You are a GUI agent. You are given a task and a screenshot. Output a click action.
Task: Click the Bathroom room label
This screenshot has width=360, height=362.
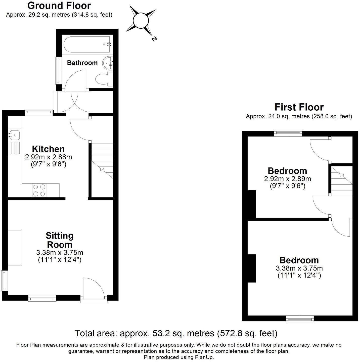click(x=82, y=63)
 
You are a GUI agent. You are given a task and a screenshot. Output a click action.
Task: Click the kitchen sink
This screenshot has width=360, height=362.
click(x=14, y=135)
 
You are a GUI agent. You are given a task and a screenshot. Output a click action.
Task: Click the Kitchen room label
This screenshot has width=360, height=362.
click(x=48, y=149)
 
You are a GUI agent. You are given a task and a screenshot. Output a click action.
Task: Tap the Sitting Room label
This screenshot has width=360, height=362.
click(x=60, y=240)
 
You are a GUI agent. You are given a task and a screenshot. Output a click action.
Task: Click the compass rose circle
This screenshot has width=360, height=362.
click(x=141, y=21)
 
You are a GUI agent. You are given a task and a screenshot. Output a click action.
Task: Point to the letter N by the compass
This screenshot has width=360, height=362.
click(x=154, y=39)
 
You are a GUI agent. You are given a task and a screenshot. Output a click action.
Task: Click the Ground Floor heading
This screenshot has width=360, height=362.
click(x=59, y=6)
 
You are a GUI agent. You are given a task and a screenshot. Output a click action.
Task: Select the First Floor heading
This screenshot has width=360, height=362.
click(x=299, y=107)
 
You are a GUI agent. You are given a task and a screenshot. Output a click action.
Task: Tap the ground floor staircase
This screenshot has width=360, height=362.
click(x=102, y=161)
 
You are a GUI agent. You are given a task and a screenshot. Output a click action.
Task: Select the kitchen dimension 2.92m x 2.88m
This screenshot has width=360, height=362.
click(x=49, y=157)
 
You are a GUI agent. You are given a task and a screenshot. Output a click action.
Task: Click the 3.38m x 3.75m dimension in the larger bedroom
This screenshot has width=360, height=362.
click(x=299, y=268)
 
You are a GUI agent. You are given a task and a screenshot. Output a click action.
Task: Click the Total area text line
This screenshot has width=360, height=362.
click(x=176, y=333)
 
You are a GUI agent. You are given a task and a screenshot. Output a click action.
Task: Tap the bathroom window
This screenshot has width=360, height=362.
click(x=58, y=71)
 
